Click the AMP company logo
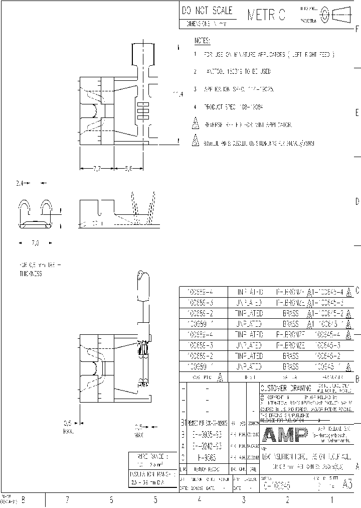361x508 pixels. [283, 435]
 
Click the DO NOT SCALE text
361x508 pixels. [207, 11]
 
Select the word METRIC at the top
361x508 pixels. [266, 16]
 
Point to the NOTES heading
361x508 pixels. [202, 41]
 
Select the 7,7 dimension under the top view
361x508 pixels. [97, 170]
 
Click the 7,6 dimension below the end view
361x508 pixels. [35, 243]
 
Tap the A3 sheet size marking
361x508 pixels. [347, 486]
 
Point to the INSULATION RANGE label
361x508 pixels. [153, 473]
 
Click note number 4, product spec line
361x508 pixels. [234, 107]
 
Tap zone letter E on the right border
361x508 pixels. [356, 111]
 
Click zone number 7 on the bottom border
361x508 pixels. [67, 499]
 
